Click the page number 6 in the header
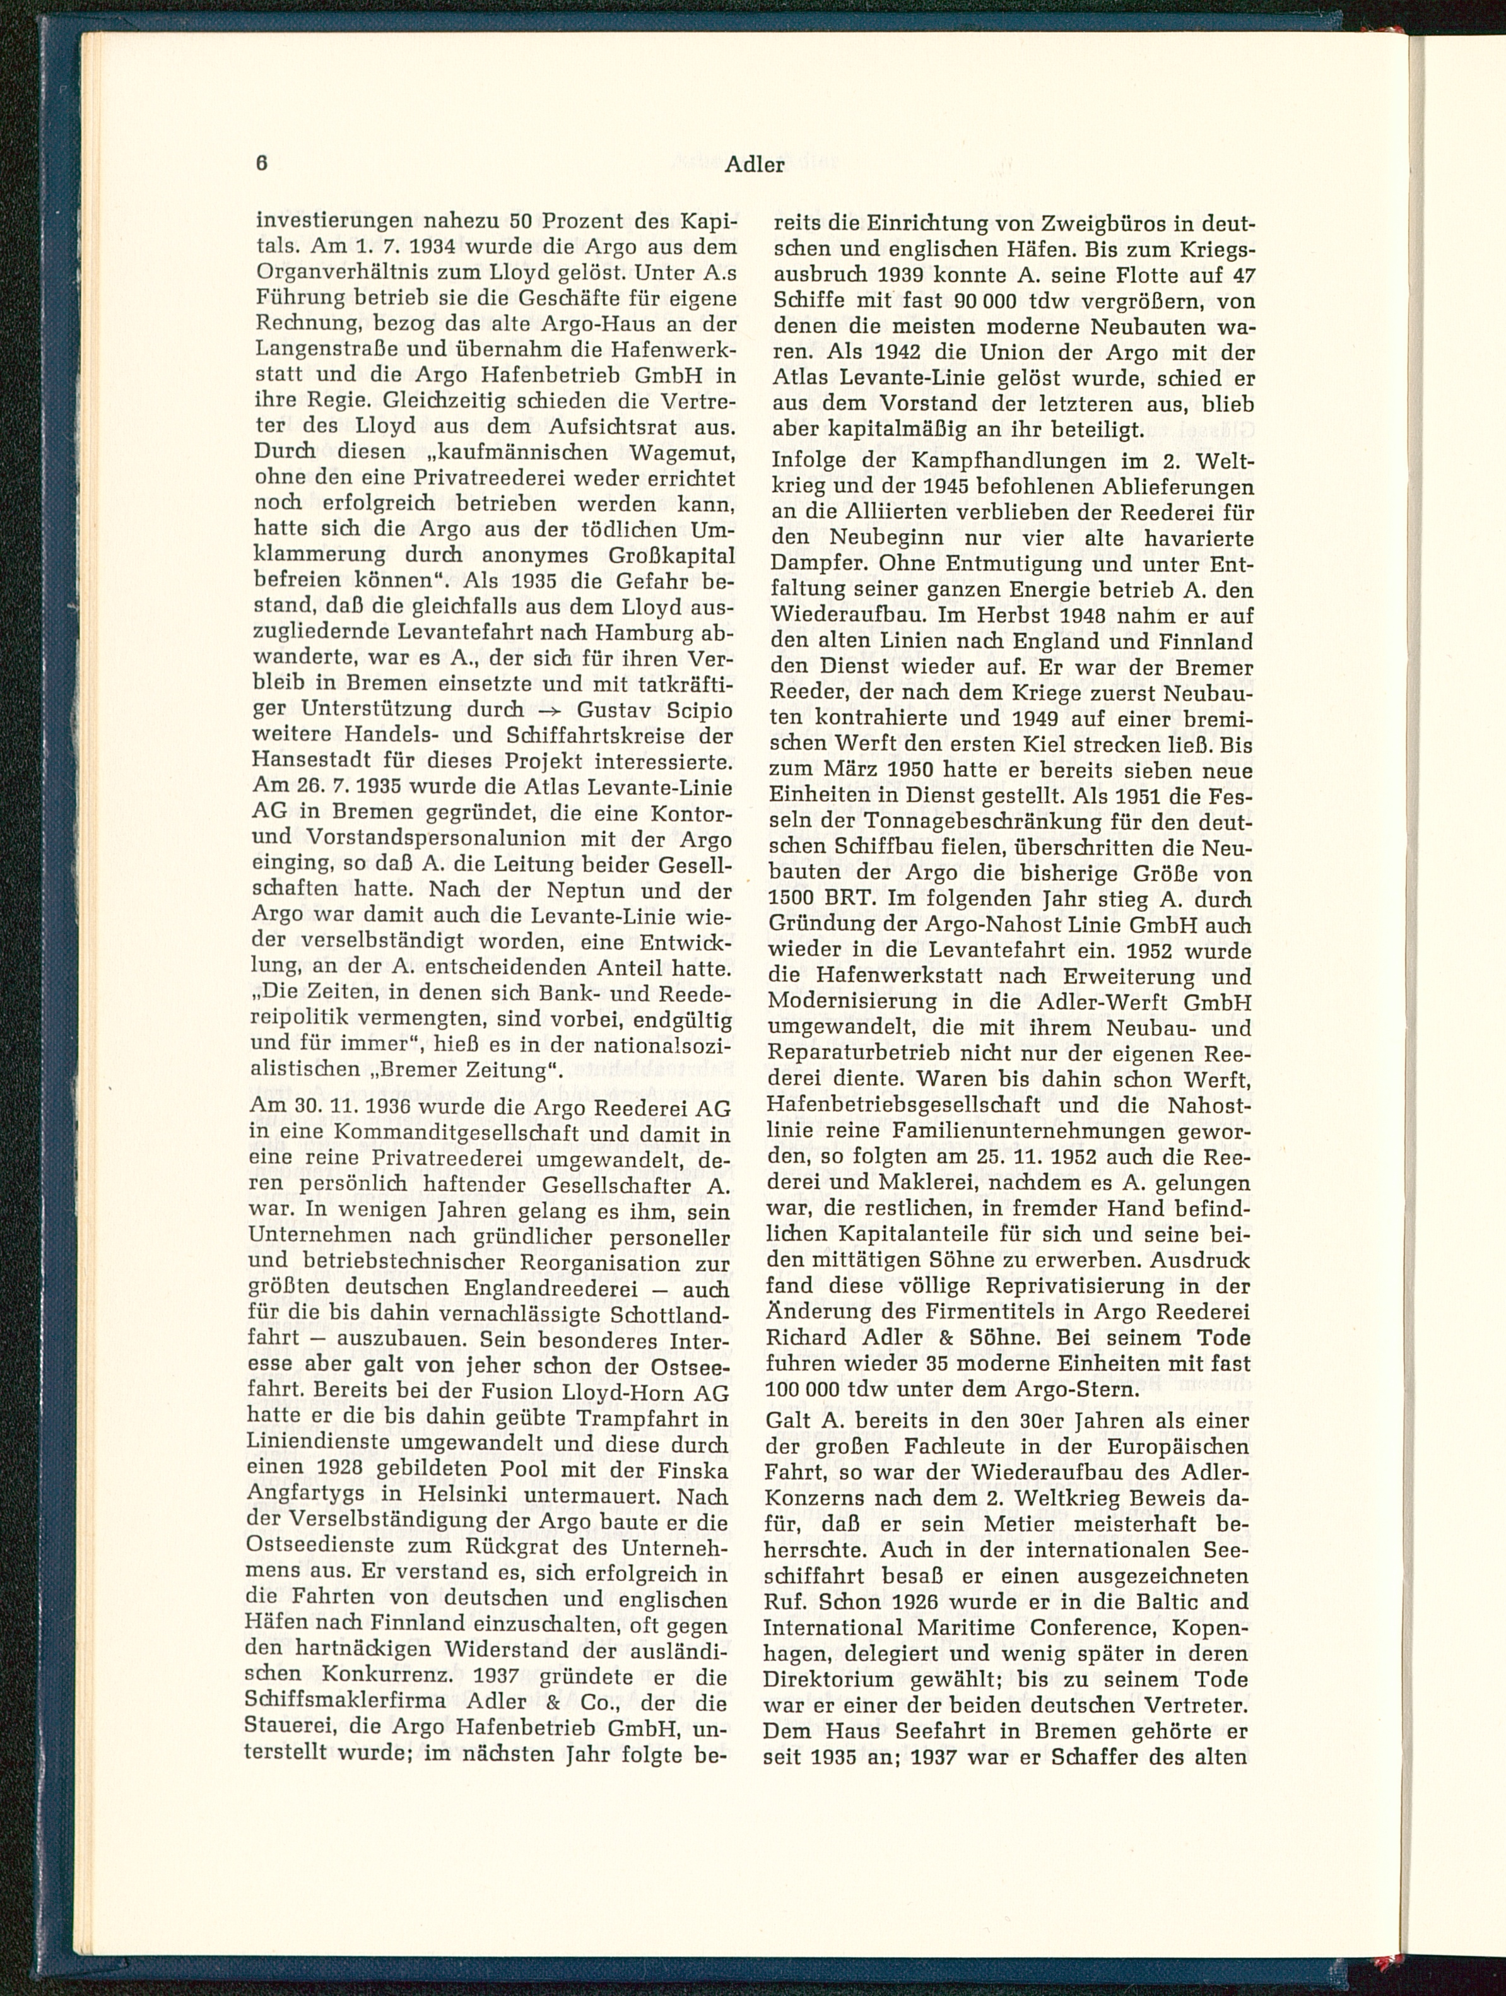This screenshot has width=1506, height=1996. click(262, 163)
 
